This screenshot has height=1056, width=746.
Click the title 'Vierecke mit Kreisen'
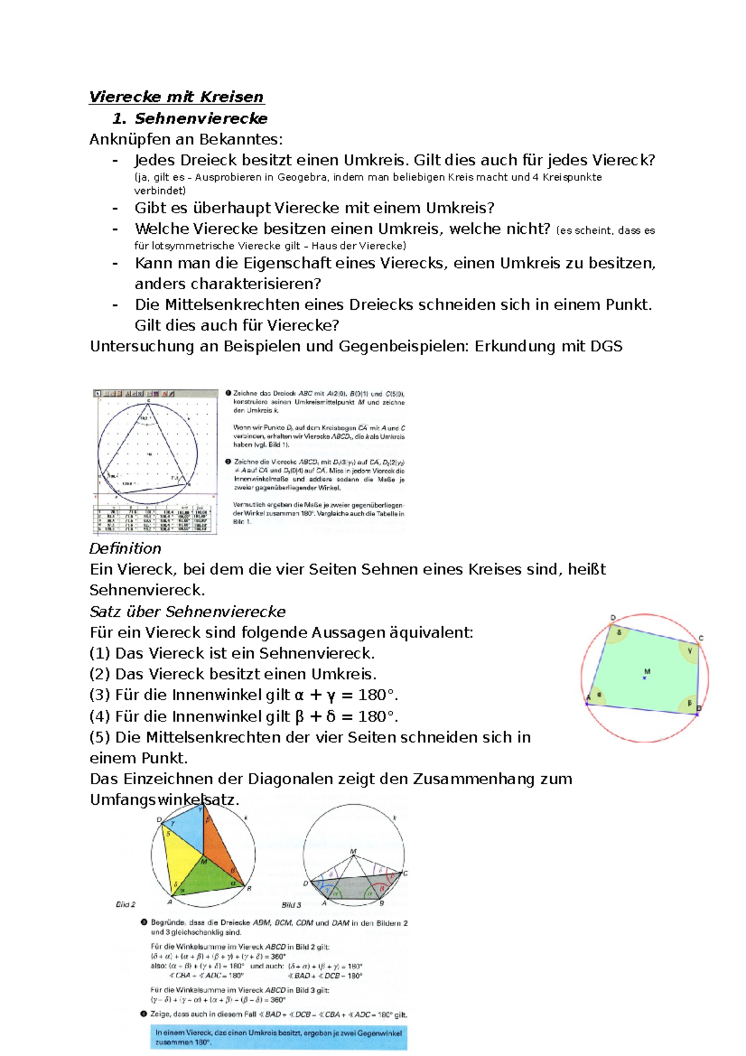(x=177, y=97)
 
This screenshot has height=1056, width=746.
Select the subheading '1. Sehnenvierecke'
(x=190, y=118)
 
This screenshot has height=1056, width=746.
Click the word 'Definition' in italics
(x=125, y=549)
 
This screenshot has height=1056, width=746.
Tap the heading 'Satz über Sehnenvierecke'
(x=187, y=611)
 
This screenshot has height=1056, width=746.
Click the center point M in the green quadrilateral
(x=645, y=677)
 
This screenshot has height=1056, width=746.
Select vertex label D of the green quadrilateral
(x=612, y=618)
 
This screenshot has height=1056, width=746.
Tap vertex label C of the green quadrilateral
(x=701, y=638)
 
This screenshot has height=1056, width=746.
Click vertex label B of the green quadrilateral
(x=699, y=708)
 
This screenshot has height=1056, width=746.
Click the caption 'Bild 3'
(x=292, y=905)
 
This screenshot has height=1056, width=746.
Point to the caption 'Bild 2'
(x=125, y=904)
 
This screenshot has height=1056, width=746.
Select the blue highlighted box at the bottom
(x=279, y=1037)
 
